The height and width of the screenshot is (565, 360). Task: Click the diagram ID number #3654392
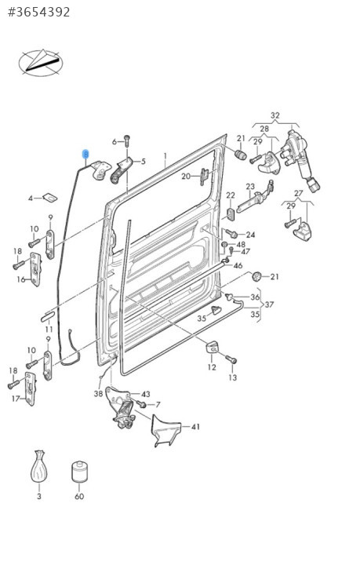click(39, 12)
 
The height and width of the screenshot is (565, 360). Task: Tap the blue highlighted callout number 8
click(85, 155)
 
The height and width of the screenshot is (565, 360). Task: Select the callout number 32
click(275, 115)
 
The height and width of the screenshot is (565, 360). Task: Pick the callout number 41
click(195, 427)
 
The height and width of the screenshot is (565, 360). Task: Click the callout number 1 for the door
click(165, 156)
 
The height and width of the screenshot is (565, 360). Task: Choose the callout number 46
click(238, 265)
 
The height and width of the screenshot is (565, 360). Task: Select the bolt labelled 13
click(231, 359)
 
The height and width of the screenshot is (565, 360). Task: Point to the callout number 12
click(212, 366)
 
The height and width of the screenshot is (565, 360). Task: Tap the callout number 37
click(269, 304)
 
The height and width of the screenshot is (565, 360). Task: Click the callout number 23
click(250, 187)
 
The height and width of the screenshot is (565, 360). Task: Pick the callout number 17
click(16, 399)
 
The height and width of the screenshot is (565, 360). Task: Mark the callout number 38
click(98, 394)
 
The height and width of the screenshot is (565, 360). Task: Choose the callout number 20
click(186, 177)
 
